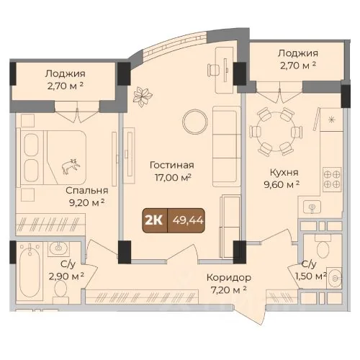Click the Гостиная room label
point(172,165)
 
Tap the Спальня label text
point(87,191)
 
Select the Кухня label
point(284,172)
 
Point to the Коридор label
point(229,278)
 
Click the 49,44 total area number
point(188,220)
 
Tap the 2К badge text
point(153,220)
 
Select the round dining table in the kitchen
point(276,132)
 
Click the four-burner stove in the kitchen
point(332,179)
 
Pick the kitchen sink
point(312,207)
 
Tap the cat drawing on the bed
point(71,166)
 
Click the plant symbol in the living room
point(143,96)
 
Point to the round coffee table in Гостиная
point(195,122)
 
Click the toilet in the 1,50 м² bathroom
point(323,248)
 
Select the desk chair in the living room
point(214,70)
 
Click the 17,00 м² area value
point(173,178)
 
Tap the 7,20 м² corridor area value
point(228,290)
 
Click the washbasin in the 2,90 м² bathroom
point(58,248)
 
